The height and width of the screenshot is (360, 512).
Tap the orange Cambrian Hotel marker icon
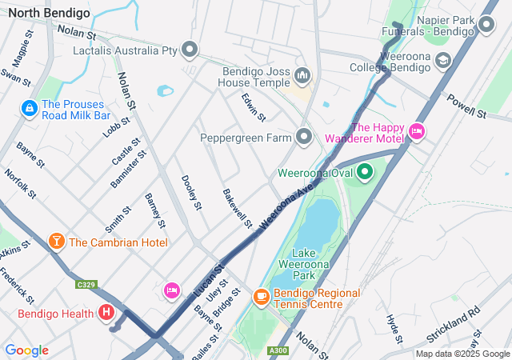tap(57, 242)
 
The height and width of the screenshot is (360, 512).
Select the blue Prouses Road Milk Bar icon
tap(30, 107)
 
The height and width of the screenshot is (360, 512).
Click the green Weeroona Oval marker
tap(365, 172)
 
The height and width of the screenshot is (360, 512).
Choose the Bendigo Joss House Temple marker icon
tap(302, 76)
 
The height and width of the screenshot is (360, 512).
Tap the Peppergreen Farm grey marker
tap(304, 138)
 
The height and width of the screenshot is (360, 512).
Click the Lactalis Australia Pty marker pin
tap(190, 50)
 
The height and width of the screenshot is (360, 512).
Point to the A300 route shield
tap(278, 350)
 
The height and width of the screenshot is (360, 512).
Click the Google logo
tap(26, 350)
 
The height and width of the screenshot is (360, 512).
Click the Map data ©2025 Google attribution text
tap(462, 354)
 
